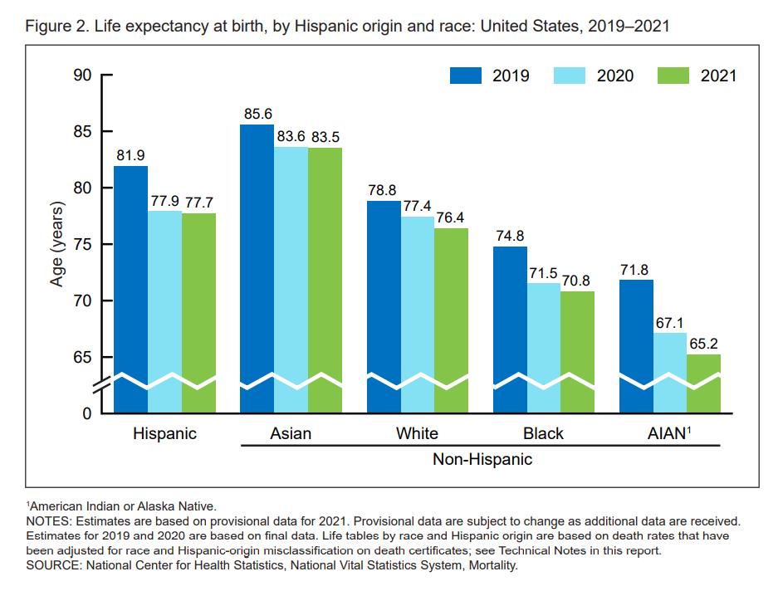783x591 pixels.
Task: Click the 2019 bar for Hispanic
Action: click(131, 289)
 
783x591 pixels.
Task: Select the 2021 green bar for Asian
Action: click(325, 280)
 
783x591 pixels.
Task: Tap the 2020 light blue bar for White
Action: click(418, 315)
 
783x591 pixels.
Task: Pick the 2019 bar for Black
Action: click(510, 330)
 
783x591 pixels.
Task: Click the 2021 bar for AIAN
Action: click(703, 383)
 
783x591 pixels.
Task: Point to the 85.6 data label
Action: click(258, 114)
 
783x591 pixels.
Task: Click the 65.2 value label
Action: click(703, 344)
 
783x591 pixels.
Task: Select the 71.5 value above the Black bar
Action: click(543, 273)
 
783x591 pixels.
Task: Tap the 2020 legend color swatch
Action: click(570, 76)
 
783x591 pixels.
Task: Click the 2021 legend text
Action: click(718, 76)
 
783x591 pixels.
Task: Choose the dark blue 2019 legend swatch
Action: click(466, 76)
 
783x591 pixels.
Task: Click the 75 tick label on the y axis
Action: click(82, 245)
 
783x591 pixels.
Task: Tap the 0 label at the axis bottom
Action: click(87, 414)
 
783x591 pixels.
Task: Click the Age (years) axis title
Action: click(57, 244)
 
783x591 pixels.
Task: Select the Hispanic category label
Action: click(164, 433)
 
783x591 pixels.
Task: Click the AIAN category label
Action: click(669, 433)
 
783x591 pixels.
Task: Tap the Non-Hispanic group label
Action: click(482, 459)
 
